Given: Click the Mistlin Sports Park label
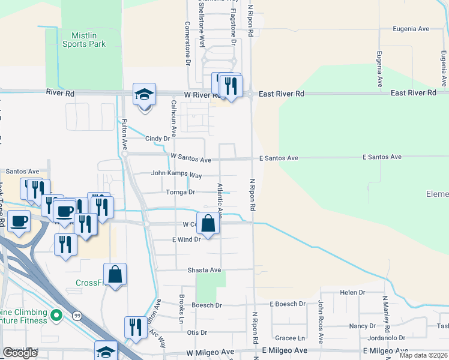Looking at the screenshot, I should tap(84, 40).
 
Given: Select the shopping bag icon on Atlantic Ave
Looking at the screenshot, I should tap(208, 224).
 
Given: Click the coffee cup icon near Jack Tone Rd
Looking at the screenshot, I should tap(17, 221).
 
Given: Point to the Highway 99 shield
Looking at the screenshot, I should tap(77, 315).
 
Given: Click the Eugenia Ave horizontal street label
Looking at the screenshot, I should tap(411, 29).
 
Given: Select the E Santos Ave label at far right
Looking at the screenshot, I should tap(382, 157).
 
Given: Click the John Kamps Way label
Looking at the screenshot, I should tap(176, 173).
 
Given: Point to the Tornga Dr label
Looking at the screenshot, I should tap(181, 193).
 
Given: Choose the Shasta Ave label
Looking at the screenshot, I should tap(205, 271).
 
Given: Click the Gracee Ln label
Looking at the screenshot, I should tap(290, 338).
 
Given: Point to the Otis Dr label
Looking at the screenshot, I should tap(197, 332).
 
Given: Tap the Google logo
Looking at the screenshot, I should tap(20, 353).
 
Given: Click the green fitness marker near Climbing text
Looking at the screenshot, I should tap(56, 314).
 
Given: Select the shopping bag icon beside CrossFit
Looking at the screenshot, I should tap(115, 275).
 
